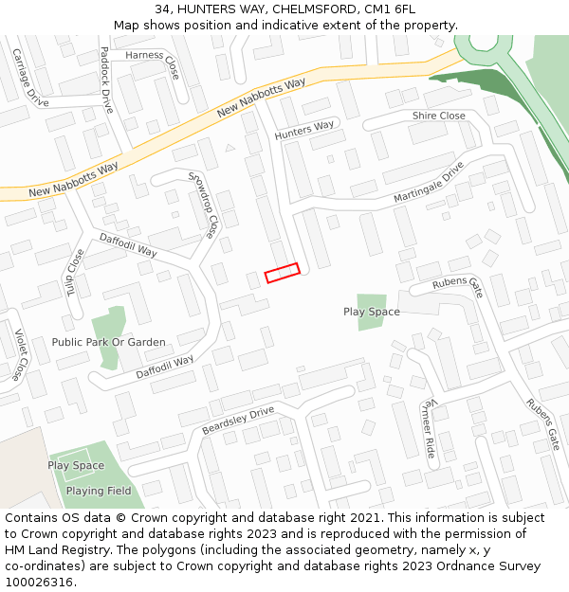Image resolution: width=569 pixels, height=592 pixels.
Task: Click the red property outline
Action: click(x=282, y=273)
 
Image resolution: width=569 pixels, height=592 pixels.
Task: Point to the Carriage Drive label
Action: click(x=29, y=77)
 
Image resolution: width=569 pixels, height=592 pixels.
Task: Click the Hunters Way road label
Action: click(x=305, y=131)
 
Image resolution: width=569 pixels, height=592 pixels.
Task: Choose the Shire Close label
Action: click(x=438, y=116)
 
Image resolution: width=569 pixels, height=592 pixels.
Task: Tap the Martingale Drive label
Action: click(x=429, y=182)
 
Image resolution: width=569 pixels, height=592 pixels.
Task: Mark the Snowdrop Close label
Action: click(x=203, y=204)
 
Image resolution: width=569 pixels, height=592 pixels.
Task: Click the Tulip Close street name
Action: click(x=74, y=272)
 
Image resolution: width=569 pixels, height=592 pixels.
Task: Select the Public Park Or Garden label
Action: click(x=108, y=342)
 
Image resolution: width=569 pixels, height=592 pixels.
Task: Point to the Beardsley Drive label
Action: click(x=237, y=421)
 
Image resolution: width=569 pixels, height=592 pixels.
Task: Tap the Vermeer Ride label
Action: click(x=428, y=428)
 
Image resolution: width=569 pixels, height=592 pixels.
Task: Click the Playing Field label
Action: click(x=99, y=491)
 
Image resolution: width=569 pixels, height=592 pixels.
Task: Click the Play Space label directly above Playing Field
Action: click(x=76, y=465)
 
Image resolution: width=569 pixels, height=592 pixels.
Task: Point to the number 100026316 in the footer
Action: click(x=40, y=583)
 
